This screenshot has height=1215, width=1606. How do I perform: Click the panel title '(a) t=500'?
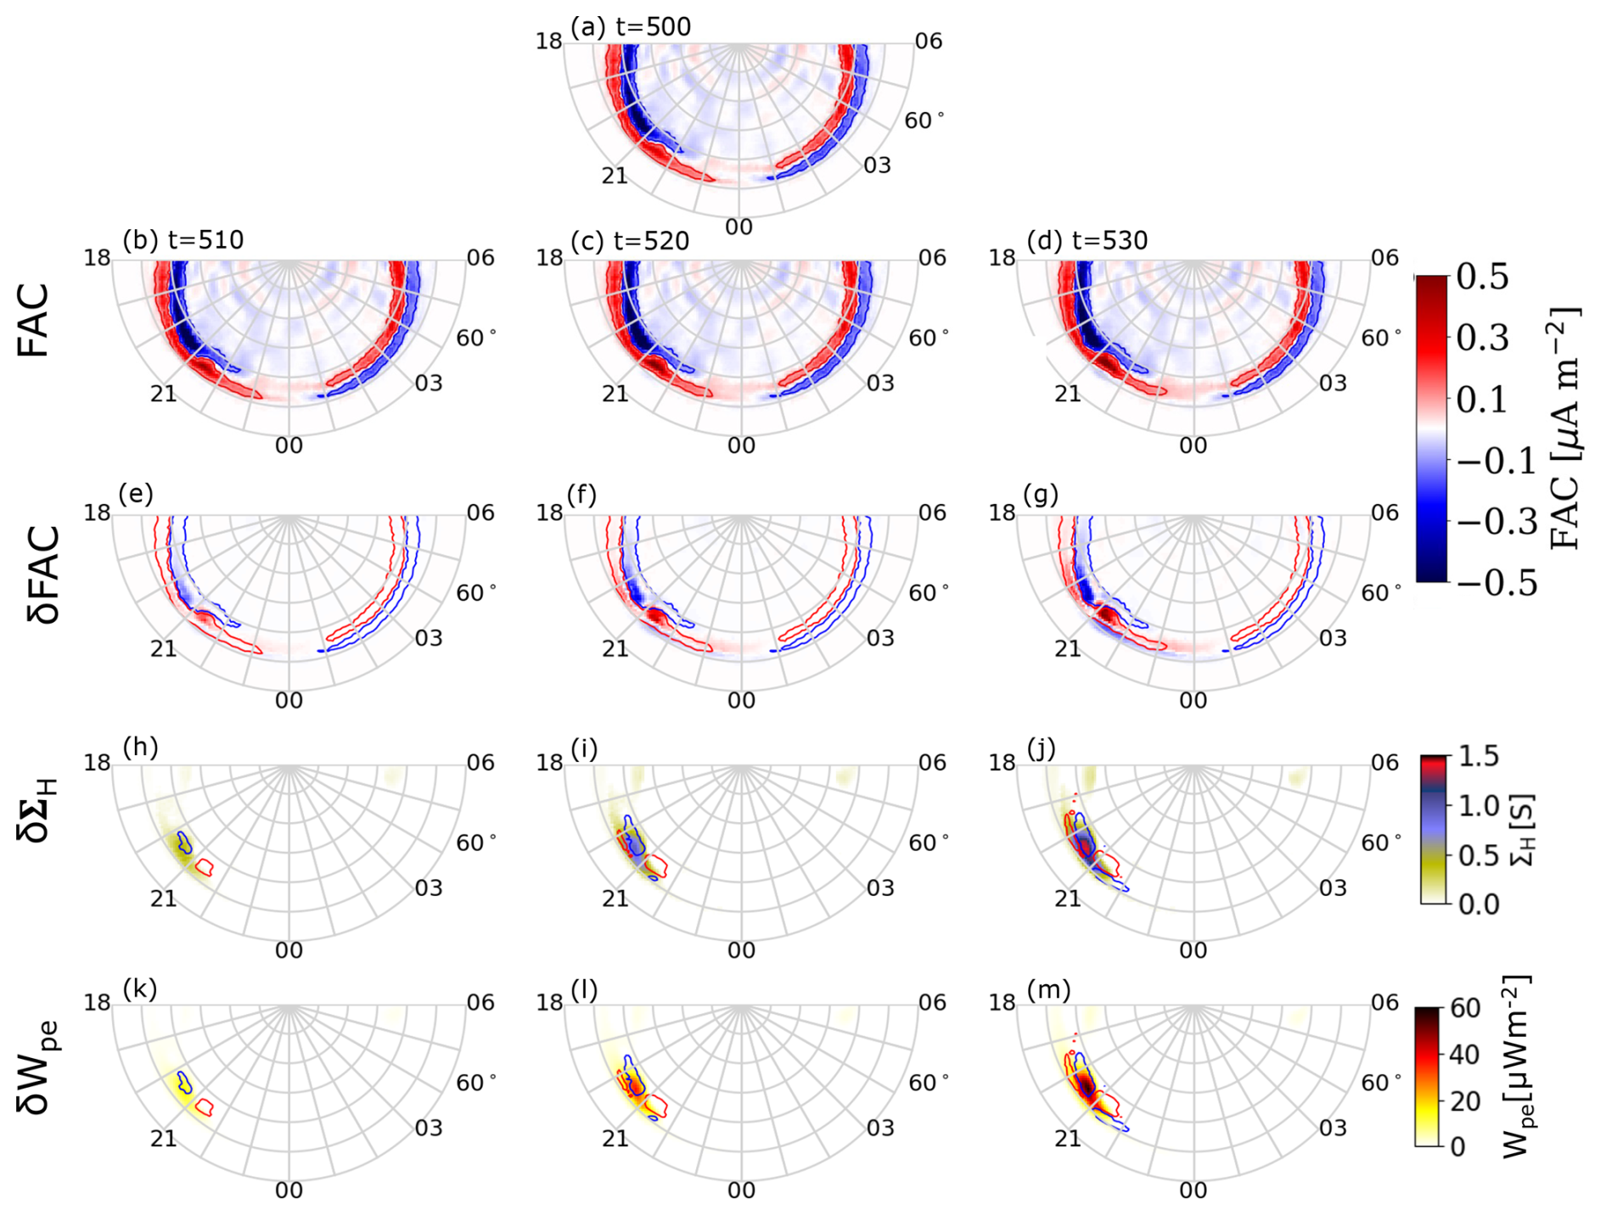[630, 27]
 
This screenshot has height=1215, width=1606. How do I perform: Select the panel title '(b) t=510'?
[182, 240]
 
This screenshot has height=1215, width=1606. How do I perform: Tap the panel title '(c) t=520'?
[630, 241]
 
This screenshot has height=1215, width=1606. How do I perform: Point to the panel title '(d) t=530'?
[1087, 241]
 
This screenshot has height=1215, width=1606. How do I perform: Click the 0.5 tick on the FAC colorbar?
[1482, 277]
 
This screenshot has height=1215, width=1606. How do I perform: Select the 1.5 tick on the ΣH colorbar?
[1479, 756]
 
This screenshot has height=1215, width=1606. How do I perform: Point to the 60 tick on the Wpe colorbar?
[1465, 1008]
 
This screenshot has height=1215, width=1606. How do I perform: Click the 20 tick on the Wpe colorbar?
[1465, 1100]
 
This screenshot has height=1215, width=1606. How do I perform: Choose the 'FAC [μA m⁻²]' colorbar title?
[1564, 428]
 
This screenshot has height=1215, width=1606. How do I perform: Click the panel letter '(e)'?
[136, 494]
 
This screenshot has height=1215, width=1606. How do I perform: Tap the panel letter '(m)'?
[1048, 989]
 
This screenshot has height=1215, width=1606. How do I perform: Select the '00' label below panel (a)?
[739, 227]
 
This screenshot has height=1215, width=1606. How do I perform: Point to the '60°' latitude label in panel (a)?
[924, 120]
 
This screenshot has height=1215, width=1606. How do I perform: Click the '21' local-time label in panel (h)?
[163, 898]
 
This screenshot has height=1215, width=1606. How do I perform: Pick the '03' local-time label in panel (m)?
[1333, 1128]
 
